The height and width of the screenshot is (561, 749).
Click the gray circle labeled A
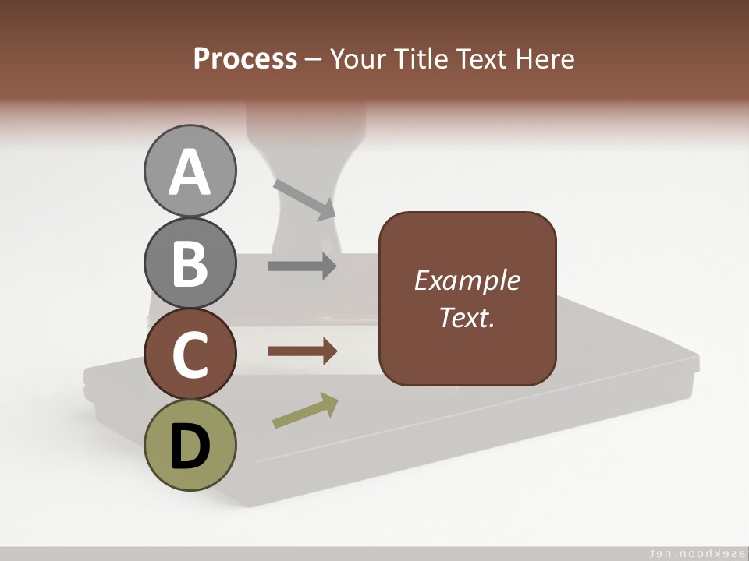190,171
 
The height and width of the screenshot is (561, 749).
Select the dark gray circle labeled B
190,263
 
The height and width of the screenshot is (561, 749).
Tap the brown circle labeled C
190,354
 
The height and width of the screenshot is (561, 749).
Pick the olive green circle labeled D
190,445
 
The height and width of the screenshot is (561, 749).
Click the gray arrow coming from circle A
304,199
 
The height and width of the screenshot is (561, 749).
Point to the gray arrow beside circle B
302,266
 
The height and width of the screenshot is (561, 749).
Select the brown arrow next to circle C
302,351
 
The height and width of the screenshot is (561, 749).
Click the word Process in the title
245,58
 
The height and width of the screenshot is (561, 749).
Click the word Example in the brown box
467,280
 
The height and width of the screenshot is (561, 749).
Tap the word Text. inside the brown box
467,317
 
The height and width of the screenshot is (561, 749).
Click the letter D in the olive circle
190,446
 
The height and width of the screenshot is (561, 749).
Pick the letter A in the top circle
190,172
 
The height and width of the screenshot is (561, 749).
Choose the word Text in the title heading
481,58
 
